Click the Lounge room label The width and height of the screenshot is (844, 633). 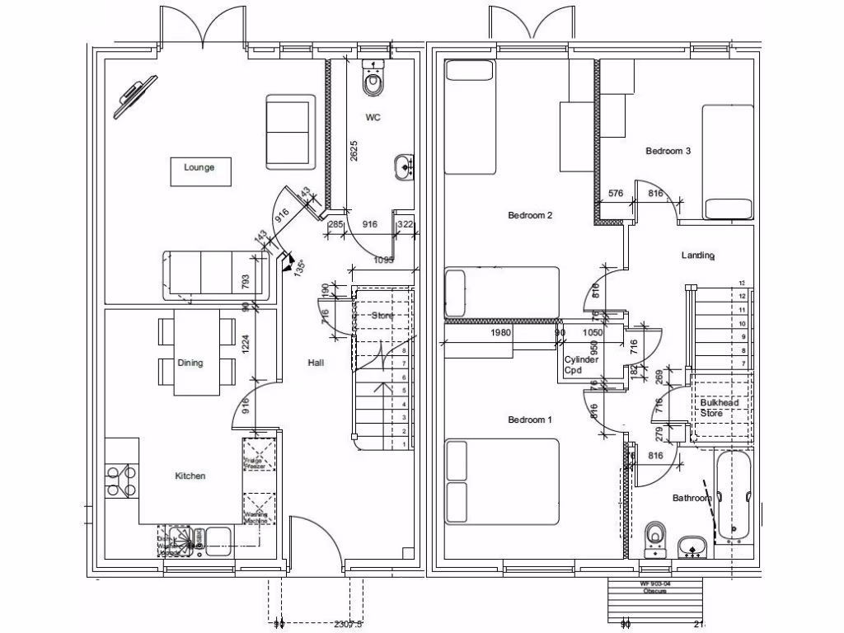pyautogui.click(x=199, y=168)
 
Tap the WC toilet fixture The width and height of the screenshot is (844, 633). pyautogui.click(x=374, y=77)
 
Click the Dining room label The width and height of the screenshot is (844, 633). pyautogui.click(x=190, y=363)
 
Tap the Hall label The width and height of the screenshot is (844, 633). pyautogui.click(x=315, y=363)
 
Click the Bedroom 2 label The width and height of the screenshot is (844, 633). pyautogui.click(x=530, y=216)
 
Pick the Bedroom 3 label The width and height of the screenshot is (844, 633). pyautogui.click(x=668, y=151)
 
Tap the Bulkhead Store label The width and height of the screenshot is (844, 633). pyautogui.click(x=719, y=408)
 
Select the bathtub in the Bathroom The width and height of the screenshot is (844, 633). pyautogui.click(x=733, y=496)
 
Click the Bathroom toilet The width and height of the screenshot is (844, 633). pyautogui.click(x=656, y=537)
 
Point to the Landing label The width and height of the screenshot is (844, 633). pyautogui.click(x=697, y=256)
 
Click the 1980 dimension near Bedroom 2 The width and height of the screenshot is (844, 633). pyautogui.click(x=501, y=334)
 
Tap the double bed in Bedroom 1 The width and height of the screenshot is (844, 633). pyautogui.click(x=502, y=482)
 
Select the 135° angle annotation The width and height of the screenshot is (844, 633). pyautogui.click(x=300, y=267)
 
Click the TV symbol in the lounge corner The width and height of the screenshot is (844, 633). pyautogui.click(x=136, y=96)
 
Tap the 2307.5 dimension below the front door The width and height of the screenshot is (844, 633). pyautogui.click(x=348, y=625)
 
